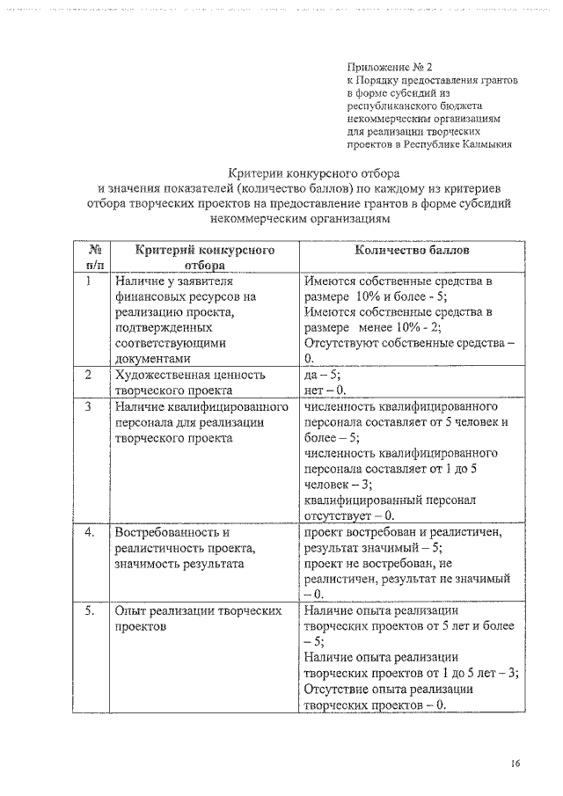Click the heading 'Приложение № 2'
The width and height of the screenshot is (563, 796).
tap(389, 66)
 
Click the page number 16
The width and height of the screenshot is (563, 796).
tap(515, 763)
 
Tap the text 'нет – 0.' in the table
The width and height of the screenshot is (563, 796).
tap(325, 391)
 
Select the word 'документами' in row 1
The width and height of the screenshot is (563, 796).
tap(151, 359)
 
